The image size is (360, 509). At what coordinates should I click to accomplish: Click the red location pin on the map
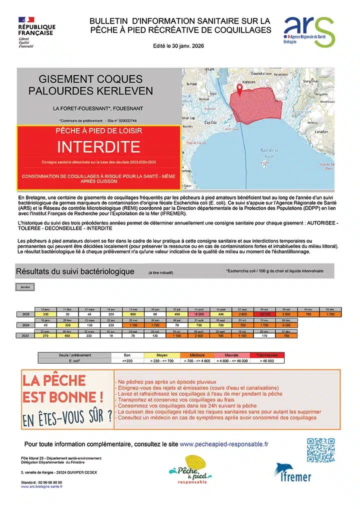pos(239,89)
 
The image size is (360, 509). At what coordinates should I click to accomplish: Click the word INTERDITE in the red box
pos(98,146)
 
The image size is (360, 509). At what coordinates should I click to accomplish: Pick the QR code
pos(320,450)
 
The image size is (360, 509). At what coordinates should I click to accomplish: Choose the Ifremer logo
pos(292,472)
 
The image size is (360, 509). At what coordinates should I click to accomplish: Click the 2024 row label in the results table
pos(25,324)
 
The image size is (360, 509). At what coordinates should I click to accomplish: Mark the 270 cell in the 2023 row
pos(45,335)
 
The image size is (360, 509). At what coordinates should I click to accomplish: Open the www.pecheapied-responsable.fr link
pos(223,443)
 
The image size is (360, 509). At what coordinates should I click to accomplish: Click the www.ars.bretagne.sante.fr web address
pos(42,486)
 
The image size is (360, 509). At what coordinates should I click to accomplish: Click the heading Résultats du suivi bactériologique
pos(75,271)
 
